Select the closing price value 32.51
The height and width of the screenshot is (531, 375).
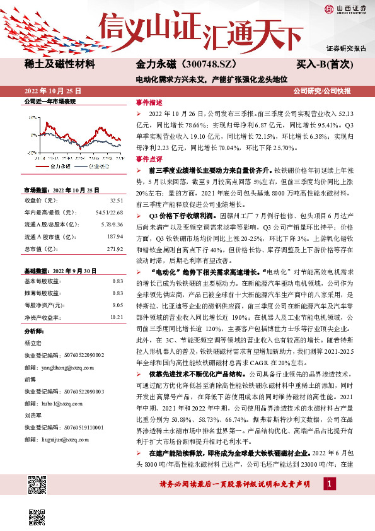[116, 200]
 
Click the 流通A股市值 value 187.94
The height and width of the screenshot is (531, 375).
[114, 236]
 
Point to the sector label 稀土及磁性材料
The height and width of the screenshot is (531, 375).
[59, 64]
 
